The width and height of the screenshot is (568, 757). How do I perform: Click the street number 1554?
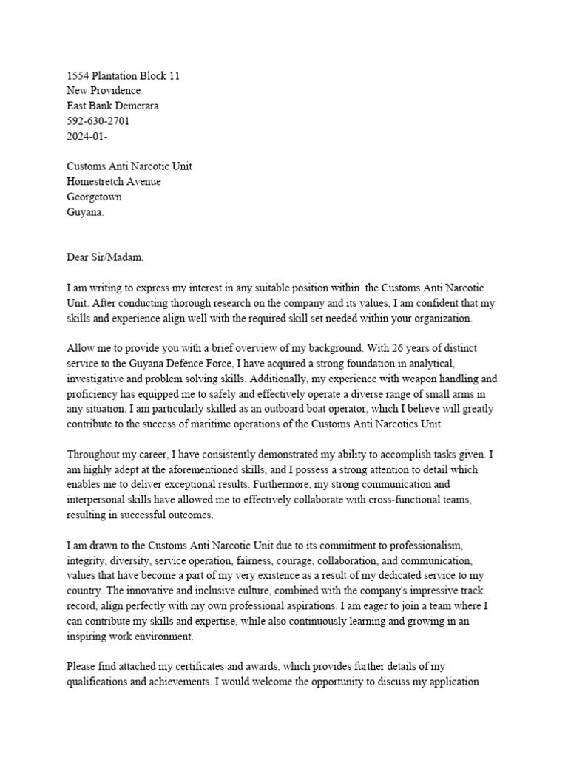pyautogui.click(x=78, y=75)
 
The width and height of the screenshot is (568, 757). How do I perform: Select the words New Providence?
pyautogui.click(x=104, y=90)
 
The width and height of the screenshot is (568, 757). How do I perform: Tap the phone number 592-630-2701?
pyautogui.click(x=98, y=120)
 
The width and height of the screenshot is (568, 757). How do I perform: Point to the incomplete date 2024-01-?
pyautogui.click(x=87, y=136)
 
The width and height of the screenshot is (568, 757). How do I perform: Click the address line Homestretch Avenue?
pyautogui.click(x=113, y=182)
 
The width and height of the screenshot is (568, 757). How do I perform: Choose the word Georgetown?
pyautogui.click(x=95, y=197)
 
